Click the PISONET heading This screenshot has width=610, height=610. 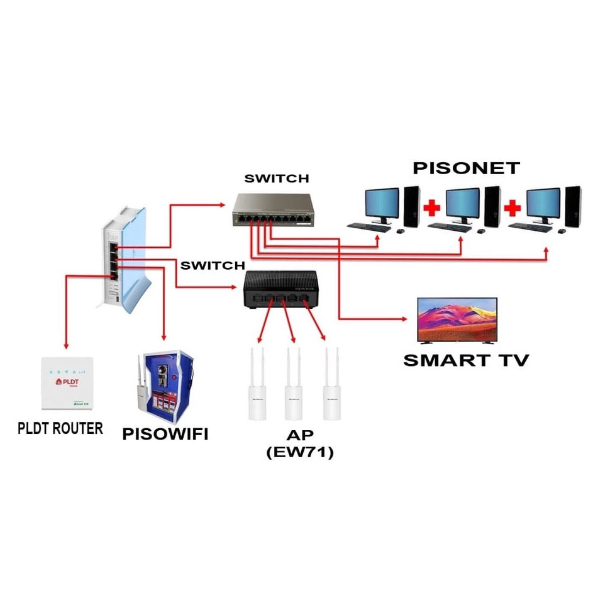466,168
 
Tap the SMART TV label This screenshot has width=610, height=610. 466,360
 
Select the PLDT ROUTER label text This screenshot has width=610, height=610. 60,429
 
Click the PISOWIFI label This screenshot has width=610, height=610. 165,435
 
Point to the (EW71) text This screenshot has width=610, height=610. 299,452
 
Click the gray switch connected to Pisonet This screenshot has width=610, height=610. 274,210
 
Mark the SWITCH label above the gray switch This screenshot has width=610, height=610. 277,179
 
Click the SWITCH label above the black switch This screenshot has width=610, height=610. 212,265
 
